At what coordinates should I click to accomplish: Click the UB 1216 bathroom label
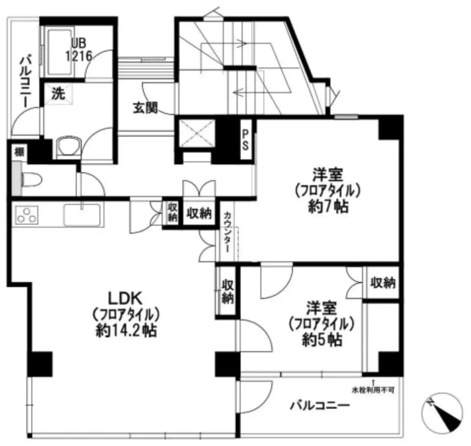click(x=78, y=50)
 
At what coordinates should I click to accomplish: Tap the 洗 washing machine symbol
click(x=58, y=94)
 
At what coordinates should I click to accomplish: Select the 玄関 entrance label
click(x=145, y=107)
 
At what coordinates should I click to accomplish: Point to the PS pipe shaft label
click(x=245, y=140)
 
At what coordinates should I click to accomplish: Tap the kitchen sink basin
click(x=82, y=215)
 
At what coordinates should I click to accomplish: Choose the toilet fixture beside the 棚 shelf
click(x=31, y=180)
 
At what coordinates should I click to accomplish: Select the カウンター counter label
click(x=228, y=232)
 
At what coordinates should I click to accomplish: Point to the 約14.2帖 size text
click(x=126, y=331)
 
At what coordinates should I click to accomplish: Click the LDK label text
click(x=125, y=299)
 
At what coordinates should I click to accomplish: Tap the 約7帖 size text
click(x=328, y=206)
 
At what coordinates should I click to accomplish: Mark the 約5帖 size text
click(x=322, y=340)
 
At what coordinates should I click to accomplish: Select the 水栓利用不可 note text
click(x=373, y=390)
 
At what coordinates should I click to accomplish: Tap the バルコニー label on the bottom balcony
click(x=320, y=406)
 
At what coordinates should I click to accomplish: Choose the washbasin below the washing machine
click(x=69, y=147)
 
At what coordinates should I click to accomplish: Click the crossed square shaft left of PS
click(x=197, y=134)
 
